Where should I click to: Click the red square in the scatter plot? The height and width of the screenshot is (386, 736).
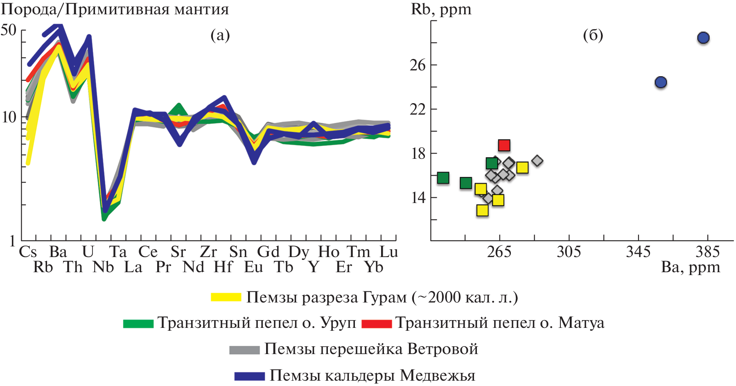point(504,145)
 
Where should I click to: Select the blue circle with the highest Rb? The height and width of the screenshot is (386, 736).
point(703,38)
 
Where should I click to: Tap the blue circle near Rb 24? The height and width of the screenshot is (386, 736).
point(661,82)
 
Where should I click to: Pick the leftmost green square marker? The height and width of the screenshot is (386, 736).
point(443,178)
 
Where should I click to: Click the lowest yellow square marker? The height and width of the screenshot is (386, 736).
point(483,210)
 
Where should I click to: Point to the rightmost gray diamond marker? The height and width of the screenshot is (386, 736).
point(537,161)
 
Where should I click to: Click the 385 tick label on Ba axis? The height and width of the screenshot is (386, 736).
point(707,252)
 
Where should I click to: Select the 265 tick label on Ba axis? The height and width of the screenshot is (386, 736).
point(499,252)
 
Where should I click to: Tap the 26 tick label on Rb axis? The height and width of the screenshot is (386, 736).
point(418,65)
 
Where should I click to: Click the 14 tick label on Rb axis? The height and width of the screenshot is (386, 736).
point(418,198)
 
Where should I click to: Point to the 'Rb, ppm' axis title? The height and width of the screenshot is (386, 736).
point(441,9)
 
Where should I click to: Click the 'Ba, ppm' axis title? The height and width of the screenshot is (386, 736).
point(690,267)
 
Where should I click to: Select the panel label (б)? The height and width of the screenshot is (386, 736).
point(593,35)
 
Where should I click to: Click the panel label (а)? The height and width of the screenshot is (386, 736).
point(220,35)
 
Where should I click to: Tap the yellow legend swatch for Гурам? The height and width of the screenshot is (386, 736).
point(226,297)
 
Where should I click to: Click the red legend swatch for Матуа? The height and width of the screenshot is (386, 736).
point(377,323)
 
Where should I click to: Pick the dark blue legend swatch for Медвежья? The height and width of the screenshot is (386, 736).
point(249,376)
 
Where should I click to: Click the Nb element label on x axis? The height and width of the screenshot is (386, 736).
point(103,267)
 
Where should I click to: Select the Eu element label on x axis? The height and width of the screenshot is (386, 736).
point(253,267)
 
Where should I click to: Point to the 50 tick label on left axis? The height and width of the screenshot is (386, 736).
point(9,30)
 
